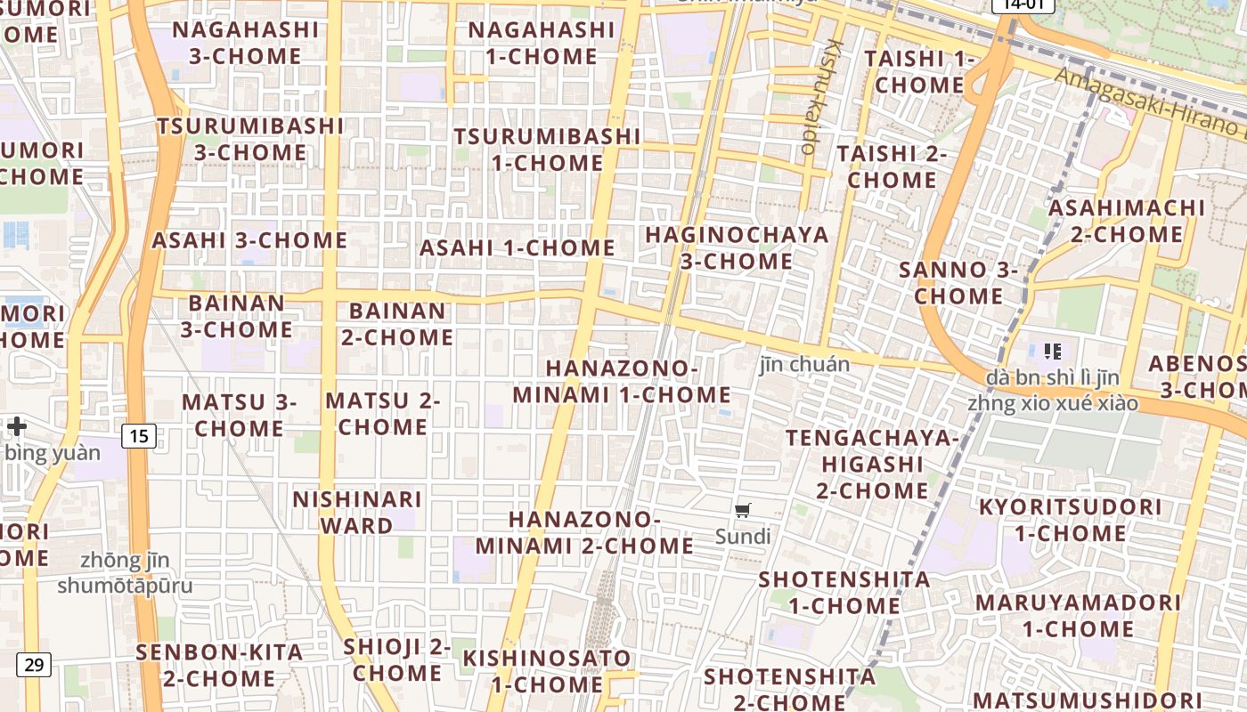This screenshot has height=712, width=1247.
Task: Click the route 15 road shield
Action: [x=138, y=436]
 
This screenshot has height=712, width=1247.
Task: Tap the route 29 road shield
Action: [x=34, y=664]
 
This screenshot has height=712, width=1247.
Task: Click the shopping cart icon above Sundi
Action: [x=743, y=511]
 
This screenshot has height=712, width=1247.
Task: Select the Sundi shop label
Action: [x=743, y=537]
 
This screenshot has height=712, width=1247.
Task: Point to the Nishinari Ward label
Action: [x=357, y=512]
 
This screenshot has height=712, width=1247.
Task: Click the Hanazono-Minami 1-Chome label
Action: [x=622, y=381]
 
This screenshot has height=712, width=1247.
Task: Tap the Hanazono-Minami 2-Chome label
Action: [x=584, y=532]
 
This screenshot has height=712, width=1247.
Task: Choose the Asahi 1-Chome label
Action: [x=518, y=248]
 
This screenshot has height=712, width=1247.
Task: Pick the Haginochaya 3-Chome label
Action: [x=737, y=248]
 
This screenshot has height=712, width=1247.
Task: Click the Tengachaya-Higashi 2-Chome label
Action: [x=872, y=464]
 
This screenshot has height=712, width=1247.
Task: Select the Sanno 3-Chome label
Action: [x=958, y=282]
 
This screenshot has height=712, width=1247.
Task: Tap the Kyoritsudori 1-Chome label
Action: [x=1070, y=520]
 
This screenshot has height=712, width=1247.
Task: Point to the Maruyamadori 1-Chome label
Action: [x=1078, y=615]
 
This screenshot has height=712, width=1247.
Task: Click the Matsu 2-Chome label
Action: [x=383, y=414]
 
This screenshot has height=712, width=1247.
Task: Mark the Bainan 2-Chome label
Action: [x=397, y=324]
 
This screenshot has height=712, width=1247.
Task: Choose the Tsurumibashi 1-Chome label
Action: [x=547, y=150]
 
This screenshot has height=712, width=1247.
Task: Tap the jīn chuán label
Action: [x=804, y=364]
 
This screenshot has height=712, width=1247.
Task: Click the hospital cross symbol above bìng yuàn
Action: [x=16, y=426]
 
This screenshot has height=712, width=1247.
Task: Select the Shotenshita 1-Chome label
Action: [x=844, y=592]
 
